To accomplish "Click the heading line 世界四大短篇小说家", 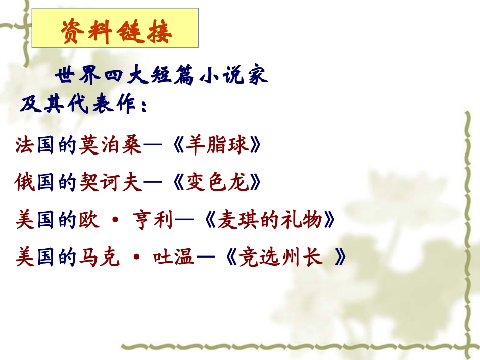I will (x=161, y=77).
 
